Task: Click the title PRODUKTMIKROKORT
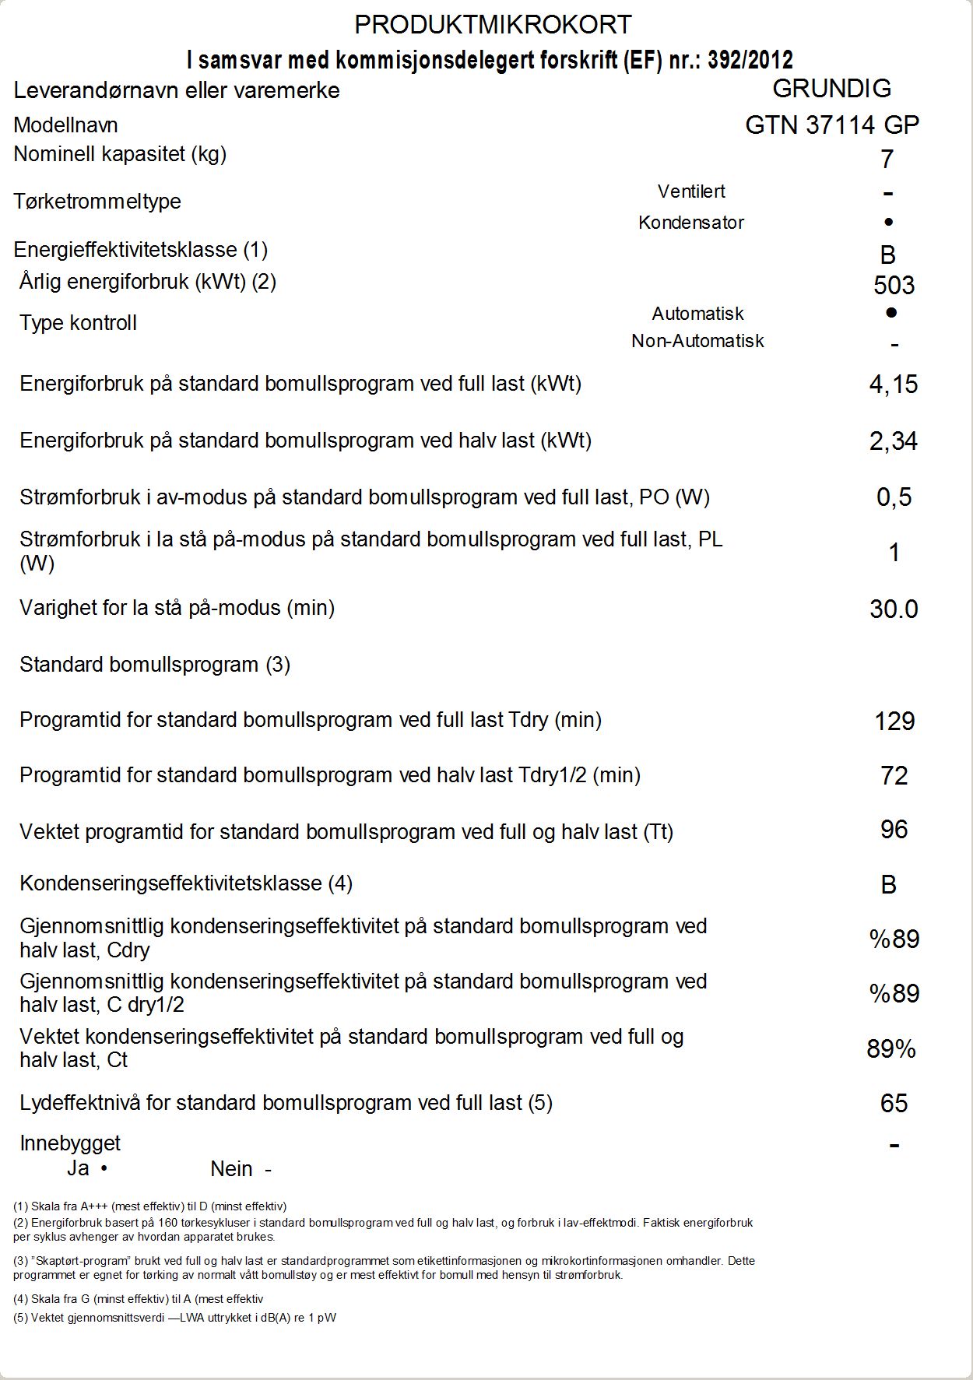point(493,25)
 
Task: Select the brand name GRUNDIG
point(831,89)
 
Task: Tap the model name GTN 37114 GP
point(832,125)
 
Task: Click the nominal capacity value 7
point(887,160)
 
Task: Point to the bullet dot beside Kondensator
point(888,222)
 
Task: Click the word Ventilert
point(691,191)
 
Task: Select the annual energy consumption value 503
point(894,286)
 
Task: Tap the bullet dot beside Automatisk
point(891,313)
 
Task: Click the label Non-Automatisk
point(697,341)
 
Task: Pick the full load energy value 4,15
point(894,385)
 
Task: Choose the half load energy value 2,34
point(894,441)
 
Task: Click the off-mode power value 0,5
point(894,497)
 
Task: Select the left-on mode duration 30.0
point(894,609)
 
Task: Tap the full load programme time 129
point(894,722)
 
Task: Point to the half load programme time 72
point(894,776)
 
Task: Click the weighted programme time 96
point(894,830)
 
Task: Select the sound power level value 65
point(894,1104)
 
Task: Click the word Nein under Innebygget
point(231,1169)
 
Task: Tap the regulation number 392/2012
point(750,60)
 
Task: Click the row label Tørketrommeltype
point(97,202)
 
